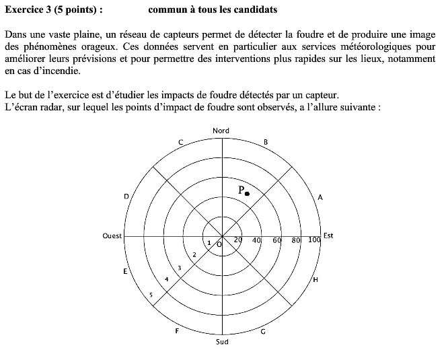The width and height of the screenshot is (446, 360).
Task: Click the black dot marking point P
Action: point(247,194)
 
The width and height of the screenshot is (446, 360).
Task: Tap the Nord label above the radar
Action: point(221,131)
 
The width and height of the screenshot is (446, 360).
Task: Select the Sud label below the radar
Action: point(222,342)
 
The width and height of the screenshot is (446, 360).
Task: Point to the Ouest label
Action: point(112,236)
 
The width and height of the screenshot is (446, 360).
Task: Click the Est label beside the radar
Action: point(328,236)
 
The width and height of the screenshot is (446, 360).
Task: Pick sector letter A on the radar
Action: point(320,198)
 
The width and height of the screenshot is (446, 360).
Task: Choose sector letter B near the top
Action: point(266,142)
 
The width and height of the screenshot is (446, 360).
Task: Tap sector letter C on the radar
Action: point(180,142)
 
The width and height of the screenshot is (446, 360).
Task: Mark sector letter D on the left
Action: point(126,196)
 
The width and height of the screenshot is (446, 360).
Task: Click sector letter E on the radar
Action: point(125,272)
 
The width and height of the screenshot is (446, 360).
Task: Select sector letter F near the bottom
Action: point(177,331)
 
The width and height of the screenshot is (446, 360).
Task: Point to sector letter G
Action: point(263,331)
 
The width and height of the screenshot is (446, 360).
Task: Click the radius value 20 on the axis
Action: point(237,240)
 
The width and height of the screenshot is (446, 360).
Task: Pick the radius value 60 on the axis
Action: point(276,240)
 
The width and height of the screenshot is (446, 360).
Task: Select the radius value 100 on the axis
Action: point(314,240)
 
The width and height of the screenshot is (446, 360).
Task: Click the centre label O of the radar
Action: point(219,244)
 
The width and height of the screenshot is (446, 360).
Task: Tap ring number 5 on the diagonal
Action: point(151,295)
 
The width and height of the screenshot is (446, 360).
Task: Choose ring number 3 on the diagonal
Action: point(179,268)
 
